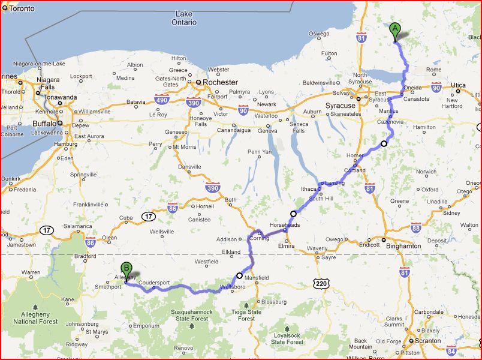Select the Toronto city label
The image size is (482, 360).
(x=22, y=8)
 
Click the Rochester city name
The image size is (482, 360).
(x=220, y=82)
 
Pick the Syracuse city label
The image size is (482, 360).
(x=341, y=106)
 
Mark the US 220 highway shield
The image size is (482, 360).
(x=320, y=281)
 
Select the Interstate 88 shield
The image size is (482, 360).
(x=415, y=227)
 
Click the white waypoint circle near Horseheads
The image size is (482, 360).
(x=293, y=214)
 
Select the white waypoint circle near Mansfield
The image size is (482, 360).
(x=239, y=275)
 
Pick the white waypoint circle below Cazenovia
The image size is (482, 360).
(x=384, y=143)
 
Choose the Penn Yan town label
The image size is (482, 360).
(x=259, y=152)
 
